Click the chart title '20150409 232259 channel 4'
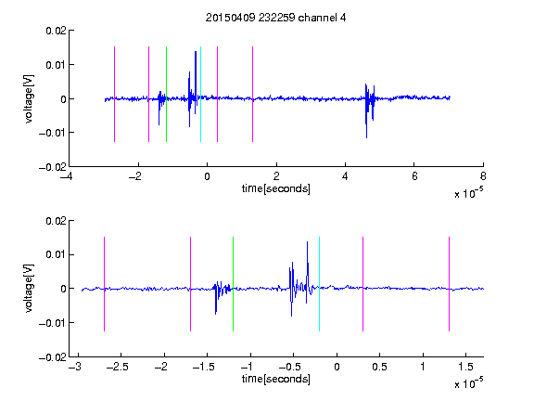point(275,18)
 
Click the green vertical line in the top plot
point(166,94)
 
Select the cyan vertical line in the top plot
point(200,94)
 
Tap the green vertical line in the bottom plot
point(233,284)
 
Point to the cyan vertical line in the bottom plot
point(319,284)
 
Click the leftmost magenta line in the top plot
point(114,94)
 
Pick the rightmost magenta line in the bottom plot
point(449,284)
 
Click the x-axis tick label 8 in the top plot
point(483,176)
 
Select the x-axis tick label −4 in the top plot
point(67,176)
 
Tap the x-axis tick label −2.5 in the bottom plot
point(117,367)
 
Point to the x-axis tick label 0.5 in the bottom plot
point(380,367)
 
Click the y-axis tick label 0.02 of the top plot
point(57,31)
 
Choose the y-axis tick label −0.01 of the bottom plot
point(53,323)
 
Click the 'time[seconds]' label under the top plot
point(276,188)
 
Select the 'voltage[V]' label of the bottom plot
point(29,288)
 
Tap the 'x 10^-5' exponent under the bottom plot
point(468,383)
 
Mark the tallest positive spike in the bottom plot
point(307,243)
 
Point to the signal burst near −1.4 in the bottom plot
point(222,293)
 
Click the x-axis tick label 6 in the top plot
point(414,176)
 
